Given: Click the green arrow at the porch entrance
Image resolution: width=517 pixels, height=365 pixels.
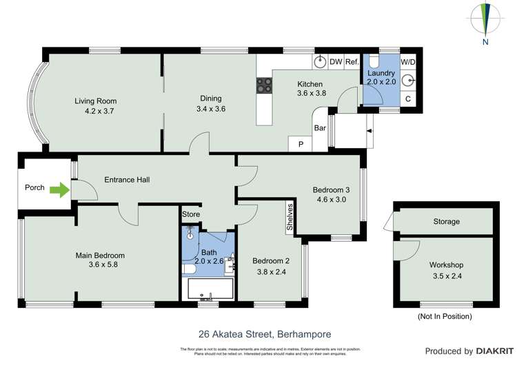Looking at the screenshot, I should click(x=60, y=188).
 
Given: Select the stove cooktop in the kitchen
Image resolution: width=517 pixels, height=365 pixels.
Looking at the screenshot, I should click(x=264, y=85).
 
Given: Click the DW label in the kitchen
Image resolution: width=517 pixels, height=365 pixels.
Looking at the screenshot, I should click(x=336, y=62).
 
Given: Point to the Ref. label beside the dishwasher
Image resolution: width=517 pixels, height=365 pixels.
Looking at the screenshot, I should click(x=352, y=62).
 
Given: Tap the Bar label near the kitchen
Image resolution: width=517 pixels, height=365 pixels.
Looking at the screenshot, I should click(x=320, y=128).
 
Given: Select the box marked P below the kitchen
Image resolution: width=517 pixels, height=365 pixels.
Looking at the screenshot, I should click(x=301, y=144).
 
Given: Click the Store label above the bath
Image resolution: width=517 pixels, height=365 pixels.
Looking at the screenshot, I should click(x=191, y=215).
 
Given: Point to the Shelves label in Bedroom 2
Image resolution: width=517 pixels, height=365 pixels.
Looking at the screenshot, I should click(x=291, y=218).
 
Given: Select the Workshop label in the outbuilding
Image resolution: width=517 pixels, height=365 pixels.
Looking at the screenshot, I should click(x=446, y=265).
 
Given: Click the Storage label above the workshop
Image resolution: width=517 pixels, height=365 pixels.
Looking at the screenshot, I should click(x=446, y=222).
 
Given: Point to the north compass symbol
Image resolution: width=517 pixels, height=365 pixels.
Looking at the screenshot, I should click(x=485, y=21).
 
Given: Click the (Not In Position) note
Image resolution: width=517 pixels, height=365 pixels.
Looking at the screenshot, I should click(x=445, y=316).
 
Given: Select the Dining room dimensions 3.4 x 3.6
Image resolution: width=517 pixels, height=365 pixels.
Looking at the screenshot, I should click(x=211, y=109).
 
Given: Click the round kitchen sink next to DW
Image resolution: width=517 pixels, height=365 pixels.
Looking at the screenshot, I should click(x=320, y=62).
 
